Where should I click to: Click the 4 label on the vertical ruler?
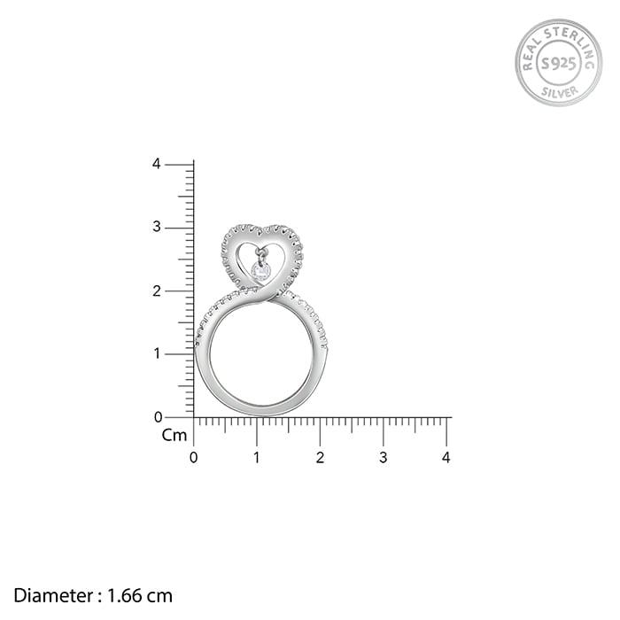click(x=157, y=164)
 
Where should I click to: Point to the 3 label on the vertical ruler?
click(x=157, y=227)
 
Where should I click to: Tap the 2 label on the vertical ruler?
click(x=157, y=291)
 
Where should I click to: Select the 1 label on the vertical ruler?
click(x=157, y=353)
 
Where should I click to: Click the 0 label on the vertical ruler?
click(x=158, y=417)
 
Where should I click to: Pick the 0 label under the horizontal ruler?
click(x=193, y=458)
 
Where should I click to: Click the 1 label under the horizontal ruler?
click(x=257, y=458)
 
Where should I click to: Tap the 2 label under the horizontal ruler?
click(x=320, y=458)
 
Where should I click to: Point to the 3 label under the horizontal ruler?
click(x=383, y=458)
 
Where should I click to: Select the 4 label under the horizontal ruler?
click(x=446, y=458)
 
